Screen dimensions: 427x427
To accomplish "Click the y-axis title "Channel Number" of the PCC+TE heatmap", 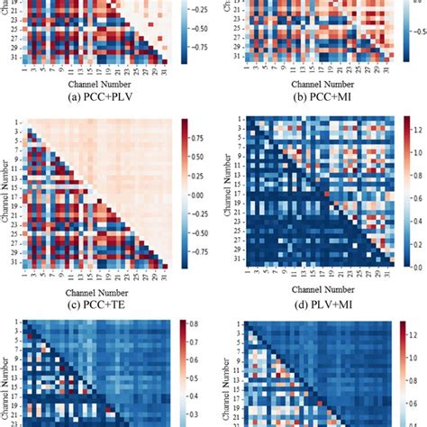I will click(x=8, y=193).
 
